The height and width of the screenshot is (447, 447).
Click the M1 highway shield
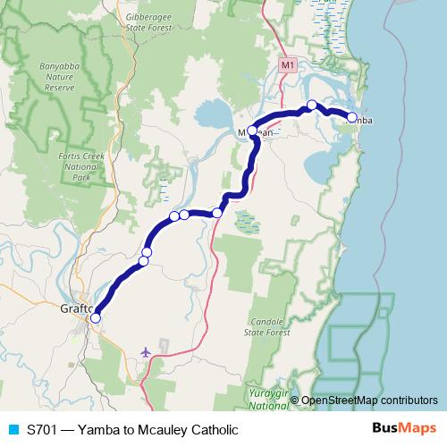(x=287, y=65)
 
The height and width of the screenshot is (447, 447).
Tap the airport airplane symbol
(x=146, y=351)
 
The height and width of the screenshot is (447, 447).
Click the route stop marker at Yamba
(x=351, y=117)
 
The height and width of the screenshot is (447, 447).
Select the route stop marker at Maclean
(x=252, y=131)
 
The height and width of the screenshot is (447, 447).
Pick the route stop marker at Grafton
(x=96, y=317)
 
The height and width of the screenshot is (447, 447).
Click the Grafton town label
(x=76, y=309)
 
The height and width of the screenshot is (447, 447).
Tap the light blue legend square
(x=13, y=429)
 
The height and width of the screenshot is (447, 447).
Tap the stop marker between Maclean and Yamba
(x=311, y=105)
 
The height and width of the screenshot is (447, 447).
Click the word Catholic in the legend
(x=212, y=429)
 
